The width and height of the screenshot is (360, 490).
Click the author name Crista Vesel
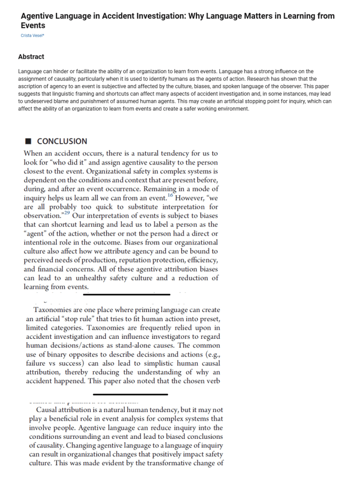click(x=32, y=36)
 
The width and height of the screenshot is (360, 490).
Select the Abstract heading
click(x=31, y=57)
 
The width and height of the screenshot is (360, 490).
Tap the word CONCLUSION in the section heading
click(x=62, y=141)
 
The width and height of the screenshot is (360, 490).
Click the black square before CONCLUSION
click(x=28, y=141)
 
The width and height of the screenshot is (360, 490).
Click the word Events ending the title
click(x=33, y=25)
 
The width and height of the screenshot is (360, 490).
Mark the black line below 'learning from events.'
click(x=126, y=294)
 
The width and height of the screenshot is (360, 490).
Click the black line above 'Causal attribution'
click(x=130, y=394)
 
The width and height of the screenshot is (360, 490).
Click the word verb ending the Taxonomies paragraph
click(x=210, y=381)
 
